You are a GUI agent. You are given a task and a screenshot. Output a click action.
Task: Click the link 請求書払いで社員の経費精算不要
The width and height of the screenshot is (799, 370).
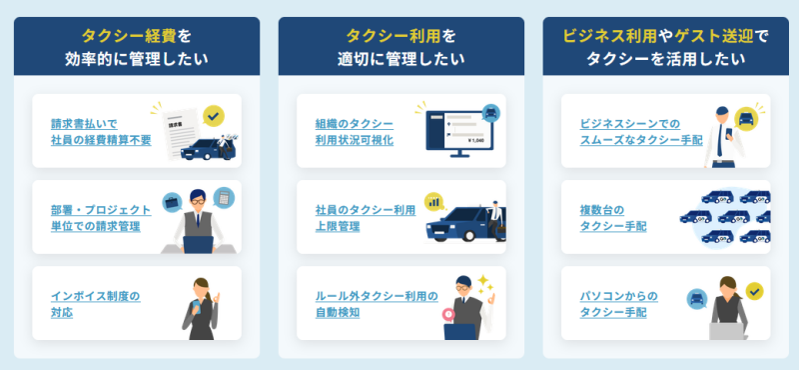tap(101, 132)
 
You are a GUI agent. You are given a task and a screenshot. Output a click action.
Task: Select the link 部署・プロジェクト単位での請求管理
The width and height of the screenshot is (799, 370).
tap(101, 218)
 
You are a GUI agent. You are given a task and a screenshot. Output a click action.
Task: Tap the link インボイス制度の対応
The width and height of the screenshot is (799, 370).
tap(95, 304)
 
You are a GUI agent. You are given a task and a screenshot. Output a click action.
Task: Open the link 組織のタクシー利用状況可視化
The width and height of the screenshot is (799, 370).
tap(355, 132)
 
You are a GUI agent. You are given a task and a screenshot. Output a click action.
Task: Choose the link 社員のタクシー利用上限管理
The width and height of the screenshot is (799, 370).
tap(366, 218)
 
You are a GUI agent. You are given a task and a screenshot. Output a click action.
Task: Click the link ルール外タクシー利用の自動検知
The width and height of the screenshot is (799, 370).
tap(377, 304)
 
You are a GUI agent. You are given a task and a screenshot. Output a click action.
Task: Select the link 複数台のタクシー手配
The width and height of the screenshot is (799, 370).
tap(613, 218)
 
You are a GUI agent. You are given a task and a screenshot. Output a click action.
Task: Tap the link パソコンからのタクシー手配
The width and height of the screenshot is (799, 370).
tap(618, 304)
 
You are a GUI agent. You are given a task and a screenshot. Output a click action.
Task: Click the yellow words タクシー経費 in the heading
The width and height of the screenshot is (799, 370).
tap(130, 36)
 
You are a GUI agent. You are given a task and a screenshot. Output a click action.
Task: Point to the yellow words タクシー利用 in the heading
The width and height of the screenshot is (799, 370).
tap(394, 36)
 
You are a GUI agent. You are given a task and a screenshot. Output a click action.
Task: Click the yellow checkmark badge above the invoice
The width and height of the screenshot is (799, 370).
tap(213, 116)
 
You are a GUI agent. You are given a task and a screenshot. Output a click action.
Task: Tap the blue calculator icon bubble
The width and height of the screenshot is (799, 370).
tap(224, 197)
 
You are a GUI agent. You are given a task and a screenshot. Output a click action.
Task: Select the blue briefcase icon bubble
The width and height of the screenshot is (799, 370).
tap(172, 203)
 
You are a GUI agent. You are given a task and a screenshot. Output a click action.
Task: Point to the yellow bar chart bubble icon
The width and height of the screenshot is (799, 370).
tap(434, 202)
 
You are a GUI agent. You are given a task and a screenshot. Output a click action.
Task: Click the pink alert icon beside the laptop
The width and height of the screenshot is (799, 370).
tap(447, 313)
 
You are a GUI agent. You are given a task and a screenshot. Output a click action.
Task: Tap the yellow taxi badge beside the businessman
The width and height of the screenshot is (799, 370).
tap(746, 119)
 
